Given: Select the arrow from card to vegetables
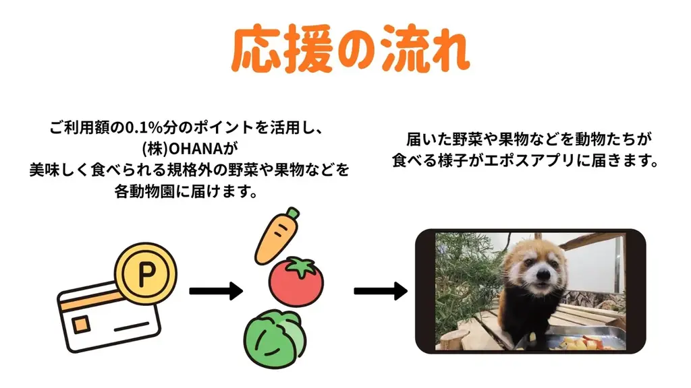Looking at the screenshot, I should pos(215,292).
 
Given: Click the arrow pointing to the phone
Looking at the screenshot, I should pos(381,292).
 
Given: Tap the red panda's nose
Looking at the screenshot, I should pos(541,276).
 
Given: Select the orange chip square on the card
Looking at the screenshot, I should pos(81,326).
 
